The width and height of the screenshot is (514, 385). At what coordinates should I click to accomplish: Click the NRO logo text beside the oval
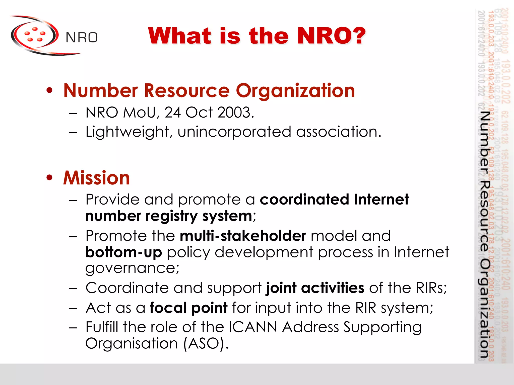click(81, 38)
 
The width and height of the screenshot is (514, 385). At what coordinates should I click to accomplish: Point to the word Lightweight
click(127, 132)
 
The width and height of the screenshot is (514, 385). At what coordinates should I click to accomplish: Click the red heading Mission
click(96, 178)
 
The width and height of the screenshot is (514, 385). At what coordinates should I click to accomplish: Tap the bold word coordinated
click(304, 200)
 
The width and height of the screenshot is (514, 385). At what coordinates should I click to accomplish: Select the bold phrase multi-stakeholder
click(243, 236)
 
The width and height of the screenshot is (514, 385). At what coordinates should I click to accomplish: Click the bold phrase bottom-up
click(123, 252)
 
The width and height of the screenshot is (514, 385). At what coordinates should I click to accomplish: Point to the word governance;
click(132, 268)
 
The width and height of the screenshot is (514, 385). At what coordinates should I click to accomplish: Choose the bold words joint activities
click(315, 288)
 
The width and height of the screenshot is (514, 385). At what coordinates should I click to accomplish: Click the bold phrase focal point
click(188, 308)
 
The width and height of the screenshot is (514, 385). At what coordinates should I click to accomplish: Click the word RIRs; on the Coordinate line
click(431, 288)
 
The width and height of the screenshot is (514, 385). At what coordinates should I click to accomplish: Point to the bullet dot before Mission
click(50, 178)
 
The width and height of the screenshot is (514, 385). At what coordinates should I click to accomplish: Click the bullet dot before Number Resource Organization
click(50, 90)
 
